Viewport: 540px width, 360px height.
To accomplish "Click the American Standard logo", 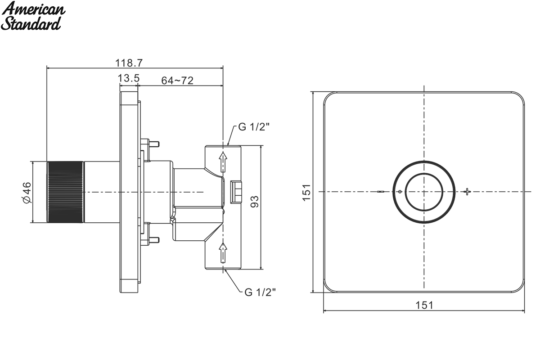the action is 33,16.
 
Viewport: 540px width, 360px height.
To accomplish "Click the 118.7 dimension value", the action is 129,63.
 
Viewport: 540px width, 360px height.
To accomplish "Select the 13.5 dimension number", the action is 129,78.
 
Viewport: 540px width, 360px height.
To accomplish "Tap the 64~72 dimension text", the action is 177,81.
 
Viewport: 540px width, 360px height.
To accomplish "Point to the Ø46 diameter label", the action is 27,193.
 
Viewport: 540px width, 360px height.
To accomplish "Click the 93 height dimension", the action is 255,202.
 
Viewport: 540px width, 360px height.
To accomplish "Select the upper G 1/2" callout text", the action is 254,127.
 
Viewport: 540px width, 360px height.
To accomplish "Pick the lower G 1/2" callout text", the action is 260,292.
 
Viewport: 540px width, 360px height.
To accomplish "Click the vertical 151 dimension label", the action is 306,193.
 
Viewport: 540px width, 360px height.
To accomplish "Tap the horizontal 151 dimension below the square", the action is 424,305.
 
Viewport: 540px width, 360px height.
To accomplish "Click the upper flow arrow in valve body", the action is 223,162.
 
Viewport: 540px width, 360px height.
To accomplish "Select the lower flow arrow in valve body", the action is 223,252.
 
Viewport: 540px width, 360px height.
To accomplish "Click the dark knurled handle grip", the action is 65,192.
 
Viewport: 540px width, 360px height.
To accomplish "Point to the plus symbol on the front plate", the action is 467,191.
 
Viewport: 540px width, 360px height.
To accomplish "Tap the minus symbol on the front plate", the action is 381,192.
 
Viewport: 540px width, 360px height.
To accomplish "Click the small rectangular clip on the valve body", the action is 236,192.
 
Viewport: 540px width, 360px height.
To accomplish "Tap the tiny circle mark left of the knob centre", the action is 400,192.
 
